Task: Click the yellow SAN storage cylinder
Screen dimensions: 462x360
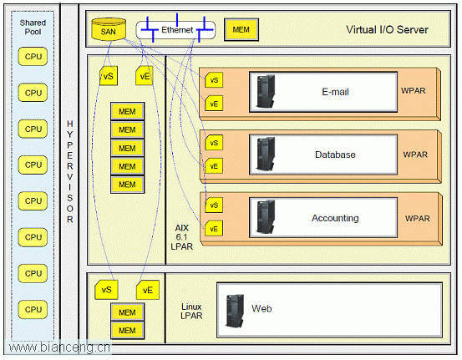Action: click(109, 29)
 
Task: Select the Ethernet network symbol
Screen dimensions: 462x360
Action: click(176, 30)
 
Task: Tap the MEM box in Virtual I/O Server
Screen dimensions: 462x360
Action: click(241, 29)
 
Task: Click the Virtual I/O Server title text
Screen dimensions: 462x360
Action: click(387, 29)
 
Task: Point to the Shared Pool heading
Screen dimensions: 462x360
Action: click(33, 27)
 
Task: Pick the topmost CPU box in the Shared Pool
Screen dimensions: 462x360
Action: click(33, 56)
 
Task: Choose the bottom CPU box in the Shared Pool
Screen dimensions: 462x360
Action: click(33, 309)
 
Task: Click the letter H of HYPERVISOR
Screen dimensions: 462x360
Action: click(70, 124)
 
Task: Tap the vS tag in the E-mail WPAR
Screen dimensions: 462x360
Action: click(214, 80)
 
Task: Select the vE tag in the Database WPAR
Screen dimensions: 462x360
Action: click(214, 166)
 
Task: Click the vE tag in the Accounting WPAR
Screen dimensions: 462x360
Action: click(214, 229)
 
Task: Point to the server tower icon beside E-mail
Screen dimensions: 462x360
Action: click(266, 91)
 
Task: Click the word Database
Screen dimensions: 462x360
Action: click(335, 155)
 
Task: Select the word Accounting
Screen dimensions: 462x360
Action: click(335, 218)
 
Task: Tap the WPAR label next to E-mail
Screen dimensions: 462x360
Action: click(413, 91)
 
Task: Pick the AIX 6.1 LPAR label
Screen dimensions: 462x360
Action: click(182, 237)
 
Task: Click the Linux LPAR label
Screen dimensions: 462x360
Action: click(191, 311)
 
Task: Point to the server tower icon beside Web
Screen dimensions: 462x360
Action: click(235, 311)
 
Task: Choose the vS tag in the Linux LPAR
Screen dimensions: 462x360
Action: click(106, 290)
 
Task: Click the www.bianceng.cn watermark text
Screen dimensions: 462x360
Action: click(59, 347)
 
